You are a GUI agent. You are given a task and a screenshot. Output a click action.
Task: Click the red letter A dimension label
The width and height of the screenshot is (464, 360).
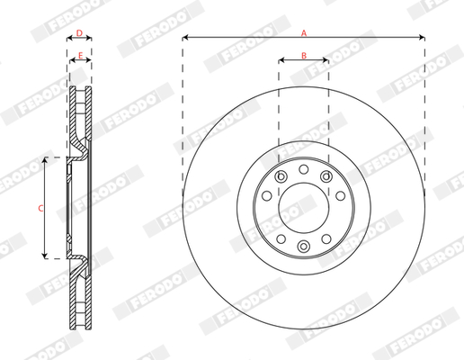click(304, 33)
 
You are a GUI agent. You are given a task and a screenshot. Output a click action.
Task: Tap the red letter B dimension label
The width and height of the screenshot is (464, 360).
click(304, 56)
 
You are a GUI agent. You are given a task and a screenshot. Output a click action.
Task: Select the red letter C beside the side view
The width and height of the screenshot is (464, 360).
click(40, 208)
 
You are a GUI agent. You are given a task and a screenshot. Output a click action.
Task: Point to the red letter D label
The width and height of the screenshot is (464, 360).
click(79, 33)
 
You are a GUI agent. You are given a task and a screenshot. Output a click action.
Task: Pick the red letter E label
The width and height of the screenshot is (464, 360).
click(80, 56)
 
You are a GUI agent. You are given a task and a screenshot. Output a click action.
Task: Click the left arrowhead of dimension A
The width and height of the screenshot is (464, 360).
click(185, 38)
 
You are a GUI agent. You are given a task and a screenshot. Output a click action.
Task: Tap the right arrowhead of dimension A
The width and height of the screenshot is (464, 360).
click(422, 38)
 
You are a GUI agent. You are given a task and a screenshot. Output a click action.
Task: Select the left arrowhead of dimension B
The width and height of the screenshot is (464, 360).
click(281, 60)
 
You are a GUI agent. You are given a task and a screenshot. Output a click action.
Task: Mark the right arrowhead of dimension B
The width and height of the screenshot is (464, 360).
click(326, 60)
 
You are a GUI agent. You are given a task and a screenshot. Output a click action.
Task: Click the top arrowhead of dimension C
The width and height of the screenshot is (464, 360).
click(45, 160)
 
